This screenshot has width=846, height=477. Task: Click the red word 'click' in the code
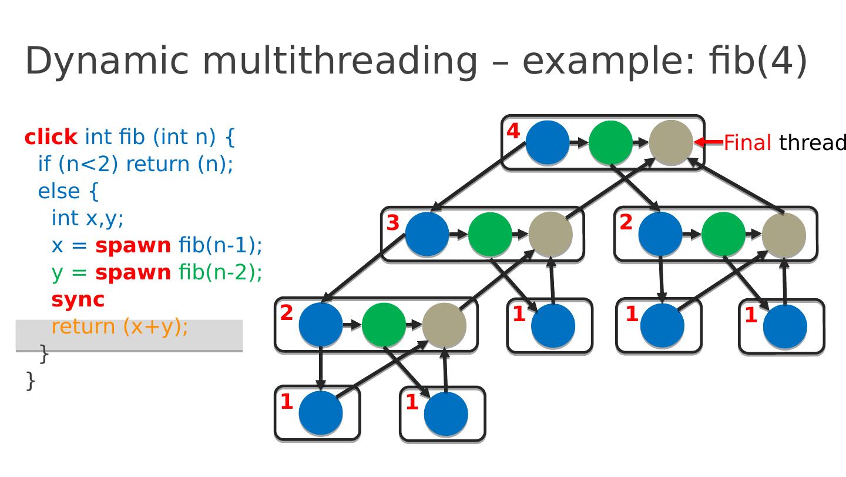coord(51,136)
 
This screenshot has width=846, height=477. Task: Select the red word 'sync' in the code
coord(78,300)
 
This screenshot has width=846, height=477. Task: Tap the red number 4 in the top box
coord(513,131)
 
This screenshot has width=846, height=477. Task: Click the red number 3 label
coord(393,223)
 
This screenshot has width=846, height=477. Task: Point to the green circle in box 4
coord(610,142)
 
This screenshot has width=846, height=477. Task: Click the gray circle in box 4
coord(671,142)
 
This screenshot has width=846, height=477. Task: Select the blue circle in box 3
coord(427,234)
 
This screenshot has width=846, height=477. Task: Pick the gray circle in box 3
coord(550,234)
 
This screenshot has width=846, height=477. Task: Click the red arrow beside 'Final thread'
coord(709,142)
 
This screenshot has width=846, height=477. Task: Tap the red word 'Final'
coord(747,143)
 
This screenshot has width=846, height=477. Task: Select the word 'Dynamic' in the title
coord(107,61)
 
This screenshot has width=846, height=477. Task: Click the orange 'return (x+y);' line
coord(120,326)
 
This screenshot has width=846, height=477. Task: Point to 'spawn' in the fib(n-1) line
coord(133,246)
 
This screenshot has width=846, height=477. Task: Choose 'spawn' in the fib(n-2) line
coord(133,273)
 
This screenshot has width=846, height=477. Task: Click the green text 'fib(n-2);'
coord(220,272)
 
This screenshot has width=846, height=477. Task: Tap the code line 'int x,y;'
coord(88,218)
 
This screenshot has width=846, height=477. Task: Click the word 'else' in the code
coord(59,191)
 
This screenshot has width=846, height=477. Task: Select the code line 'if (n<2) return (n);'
coord(136,164)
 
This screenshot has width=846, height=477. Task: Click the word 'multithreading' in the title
coord(340,61)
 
